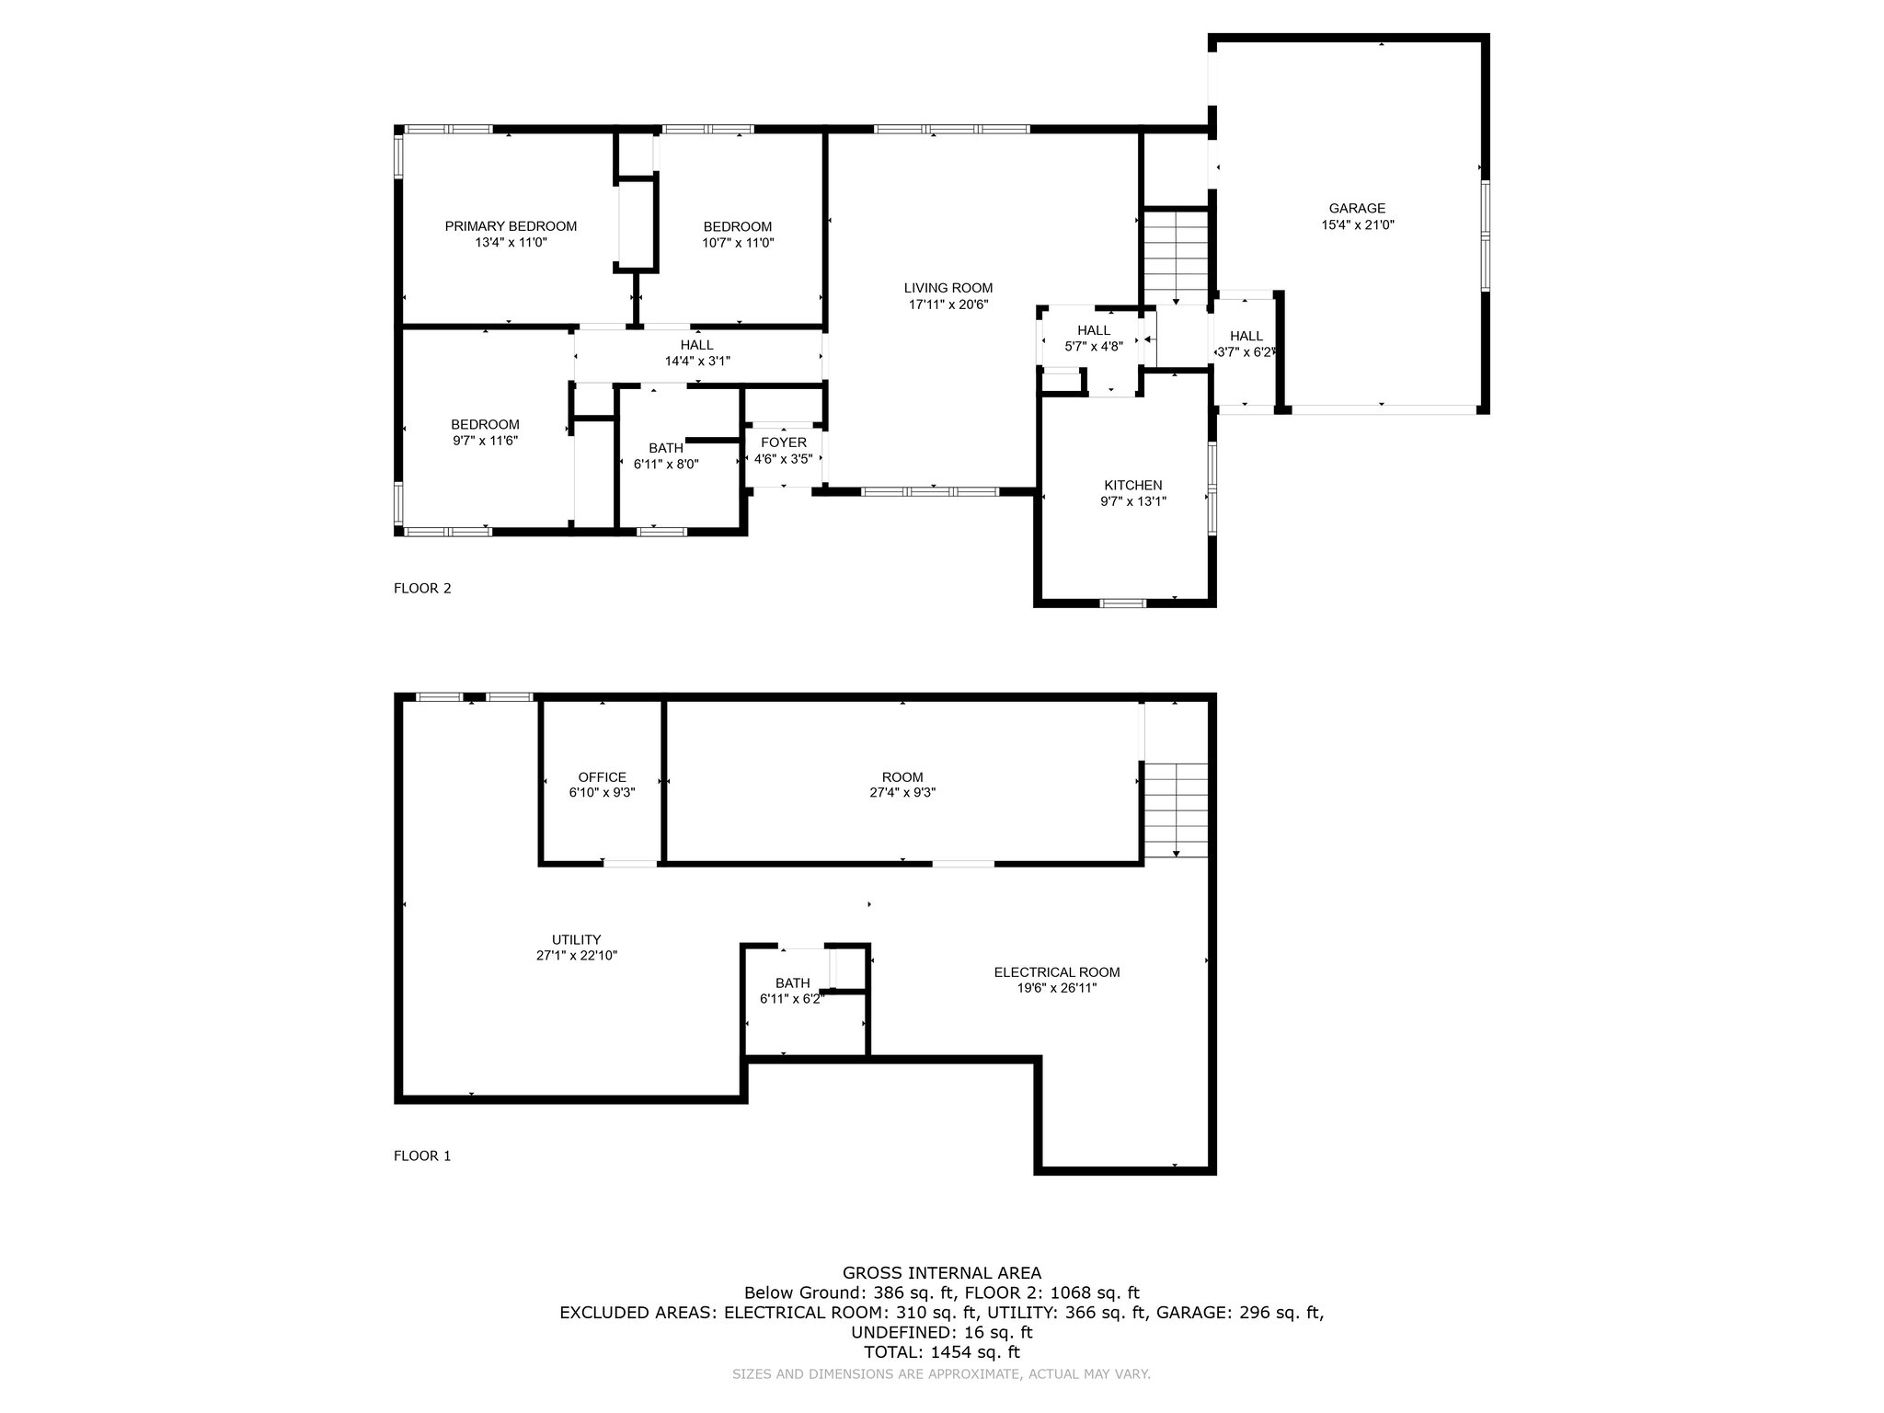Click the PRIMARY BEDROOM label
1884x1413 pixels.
511,226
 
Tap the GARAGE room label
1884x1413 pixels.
1357,209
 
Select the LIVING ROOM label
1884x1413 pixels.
948,288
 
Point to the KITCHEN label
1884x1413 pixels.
1133,486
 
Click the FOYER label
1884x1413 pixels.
784,443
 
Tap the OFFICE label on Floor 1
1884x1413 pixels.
603,777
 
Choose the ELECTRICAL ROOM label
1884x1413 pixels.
1057,972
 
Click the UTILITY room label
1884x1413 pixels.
577,939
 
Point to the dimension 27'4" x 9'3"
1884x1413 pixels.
902,792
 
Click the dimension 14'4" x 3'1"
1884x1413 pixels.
697,361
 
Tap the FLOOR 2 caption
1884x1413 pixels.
422,589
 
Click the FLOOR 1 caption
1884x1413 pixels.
422,1156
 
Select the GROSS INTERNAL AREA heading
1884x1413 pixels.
942,1273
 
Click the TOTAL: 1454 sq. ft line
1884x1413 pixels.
942,1352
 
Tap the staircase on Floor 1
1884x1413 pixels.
1176,810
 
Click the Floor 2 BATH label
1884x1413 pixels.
666,449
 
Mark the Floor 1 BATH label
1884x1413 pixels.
792,983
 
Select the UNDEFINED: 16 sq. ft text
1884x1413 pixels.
942,1332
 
